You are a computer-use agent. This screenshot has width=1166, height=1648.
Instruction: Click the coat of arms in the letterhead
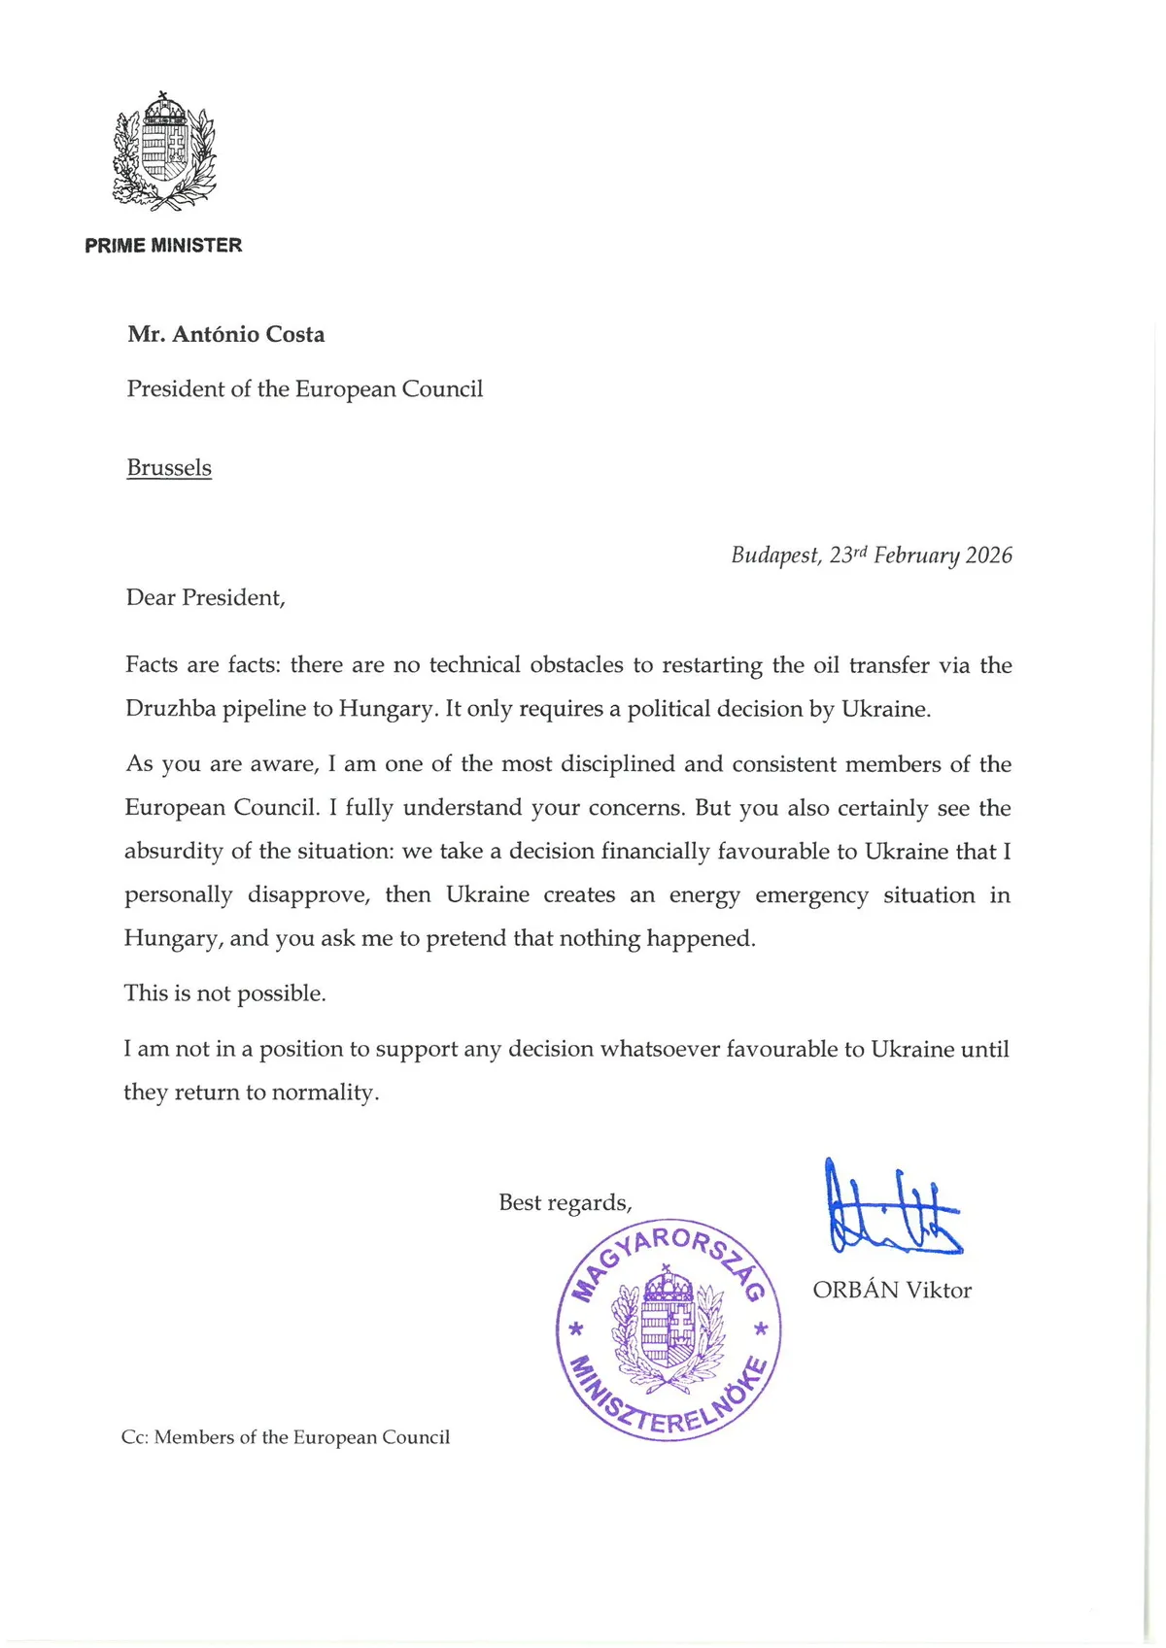pos(163,151)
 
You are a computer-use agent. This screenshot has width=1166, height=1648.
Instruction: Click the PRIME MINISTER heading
pos(163,246)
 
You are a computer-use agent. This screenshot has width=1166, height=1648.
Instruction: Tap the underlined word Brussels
pos(169,468)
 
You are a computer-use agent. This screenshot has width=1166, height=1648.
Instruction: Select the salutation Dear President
pos(205,597)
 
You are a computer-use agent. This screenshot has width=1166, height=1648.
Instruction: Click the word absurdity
pos(172,852)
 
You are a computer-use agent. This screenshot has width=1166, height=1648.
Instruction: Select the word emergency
pos(811,895)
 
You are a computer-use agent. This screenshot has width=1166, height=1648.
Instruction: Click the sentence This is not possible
pos(224,993)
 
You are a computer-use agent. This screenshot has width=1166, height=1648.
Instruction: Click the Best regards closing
pos(565,1203)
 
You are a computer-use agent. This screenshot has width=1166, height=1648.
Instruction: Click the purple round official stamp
pos(669,1329)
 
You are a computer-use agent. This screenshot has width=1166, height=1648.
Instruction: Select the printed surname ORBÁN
pos(855,1291)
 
